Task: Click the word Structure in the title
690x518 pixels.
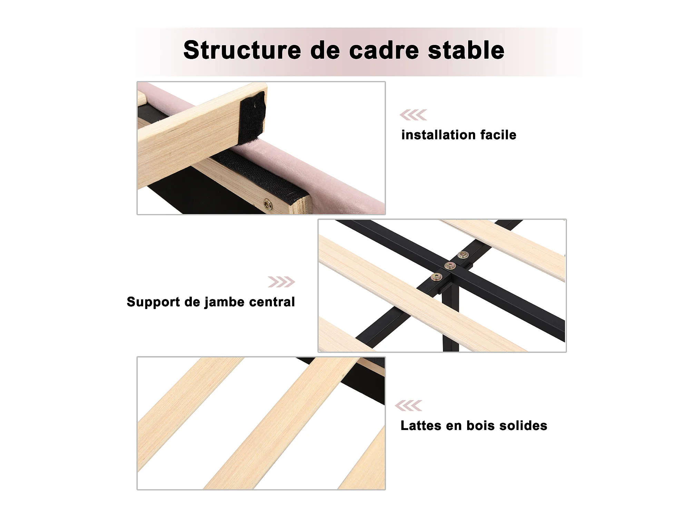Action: click(242, 50)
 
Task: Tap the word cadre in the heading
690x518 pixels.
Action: click(384, 50)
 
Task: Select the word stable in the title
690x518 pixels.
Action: click(466, 50)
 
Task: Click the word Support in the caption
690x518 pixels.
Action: click(153, 302)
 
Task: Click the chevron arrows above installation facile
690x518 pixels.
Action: click(413, 115)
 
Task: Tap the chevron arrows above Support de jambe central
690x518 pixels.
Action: click(282, 282)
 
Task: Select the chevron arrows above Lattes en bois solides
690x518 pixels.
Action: click(408, 405)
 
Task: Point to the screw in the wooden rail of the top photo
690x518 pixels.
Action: click(268, 204)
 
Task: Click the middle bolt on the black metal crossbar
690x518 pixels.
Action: click(450, 266)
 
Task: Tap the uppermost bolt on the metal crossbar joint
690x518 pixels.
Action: click(463, 255)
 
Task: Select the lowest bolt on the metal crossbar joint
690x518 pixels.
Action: click(436, 277)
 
